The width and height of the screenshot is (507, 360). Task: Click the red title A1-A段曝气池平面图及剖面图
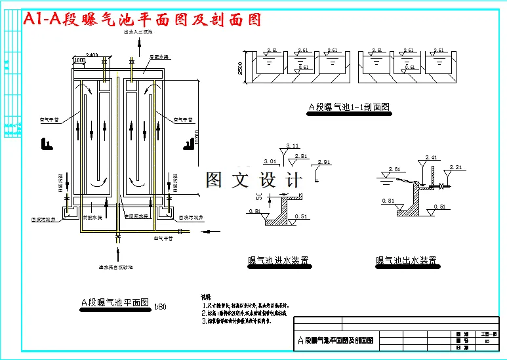(x=142, y=20)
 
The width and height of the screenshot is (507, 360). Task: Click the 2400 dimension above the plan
(x=92, y=54)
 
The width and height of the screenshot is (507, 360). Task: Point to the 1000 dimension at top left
(x=80, y=61)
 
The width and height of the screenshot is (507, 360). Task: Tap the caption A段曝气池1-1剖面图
(x=349, y=107)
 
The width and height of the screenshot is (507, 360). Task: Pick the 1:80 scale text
(x=159, y=306)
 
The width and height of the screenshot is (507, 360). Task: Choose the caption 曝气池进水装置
(x=279, y=261)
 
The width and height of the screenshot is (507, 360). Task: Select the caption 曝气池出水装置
(x=407, y=260)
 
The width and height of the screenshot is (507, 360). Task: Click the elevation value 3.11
(x=293, y=146)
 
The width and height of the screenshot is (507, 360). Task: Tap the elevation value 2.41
(x=431, y=157)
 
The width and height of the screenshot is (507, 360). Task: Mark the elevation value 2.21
(x=456, y=168)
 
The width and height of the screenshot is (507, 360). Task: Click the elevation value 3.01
(x=269, y=161)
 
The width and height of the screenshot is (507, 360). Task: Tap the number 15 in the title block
(x=486, y=341)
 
